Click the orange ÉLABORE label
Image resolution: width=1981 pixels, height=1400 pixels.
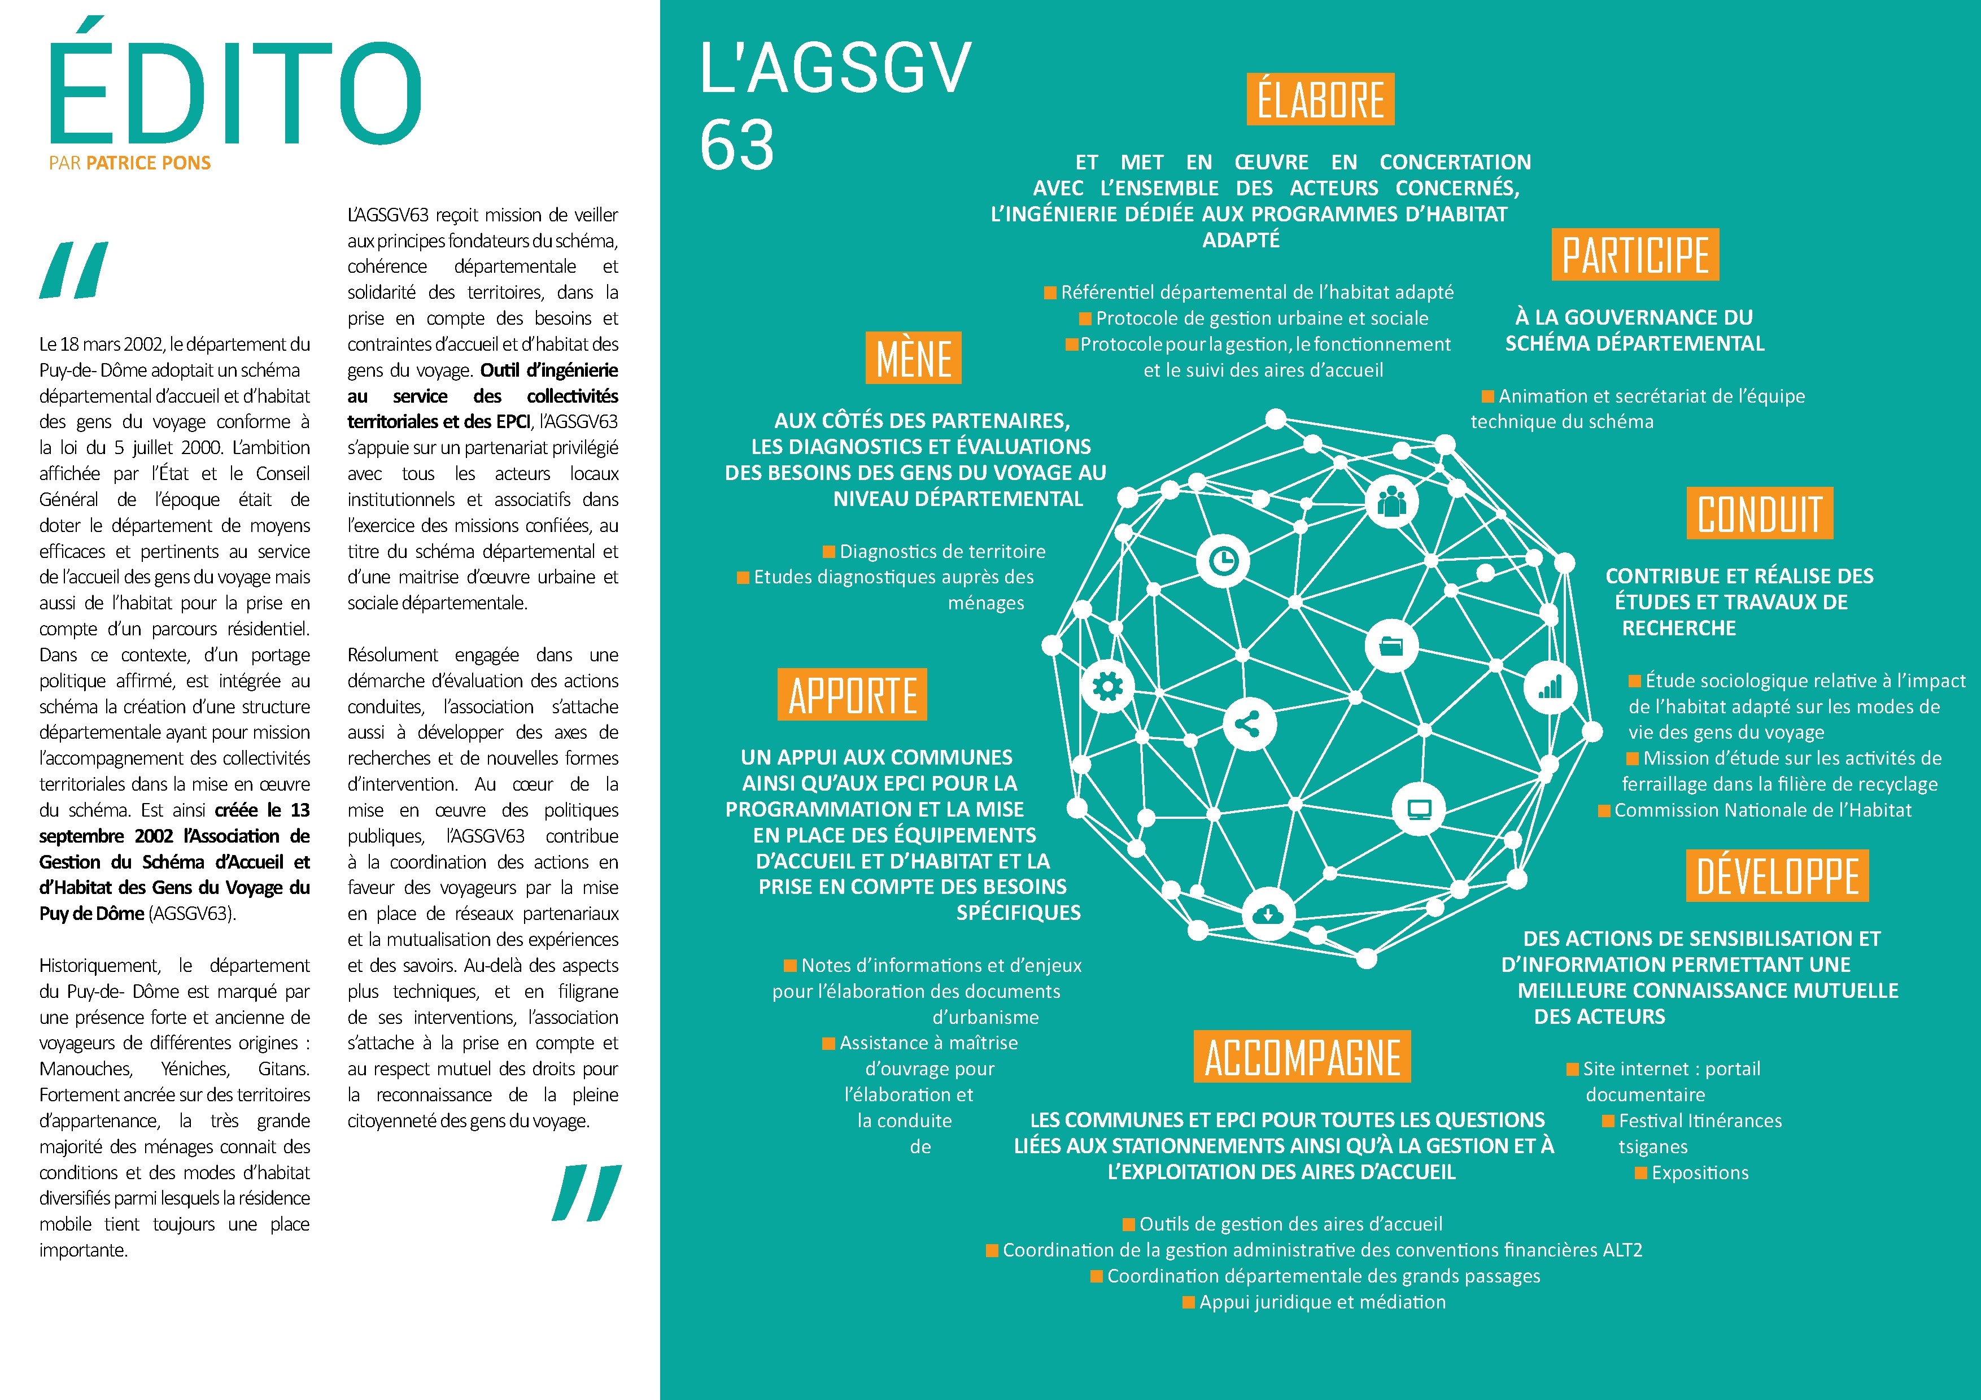pos(1320,99)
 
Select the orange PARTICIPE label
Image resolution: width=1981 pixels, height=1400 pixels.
pos(1635,255)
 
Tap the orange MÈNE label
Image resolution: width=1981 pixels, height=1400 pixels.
pos(913,358)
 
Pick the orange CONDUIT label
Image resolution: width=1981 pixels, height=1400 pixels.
pos(1759,513)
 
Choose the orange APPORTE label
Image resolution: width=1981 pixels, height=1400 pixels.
pos(853,695)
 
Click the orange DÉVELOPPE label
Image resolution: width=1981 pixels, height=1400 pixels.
pos(1777,875)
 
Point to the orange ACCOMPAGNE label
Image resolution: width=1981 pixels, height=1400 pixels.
pos(1302,1057)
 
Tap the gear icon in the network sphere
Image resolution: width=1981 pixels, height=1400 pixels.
pos(1108,687)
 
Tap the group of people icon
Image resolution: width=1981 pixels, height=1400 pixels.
pos(1391,500)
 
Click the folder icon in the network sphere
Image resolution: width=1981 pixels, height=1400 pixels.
pos(1391,646)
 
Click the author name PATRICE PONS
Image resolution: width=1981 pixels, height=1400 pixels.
pos(149,163)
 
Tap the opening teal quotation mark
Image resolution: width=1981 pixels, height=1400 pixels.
pos(74,270)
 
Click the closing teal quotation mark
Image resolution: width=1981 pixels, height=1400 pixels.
pos(587,1193)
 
